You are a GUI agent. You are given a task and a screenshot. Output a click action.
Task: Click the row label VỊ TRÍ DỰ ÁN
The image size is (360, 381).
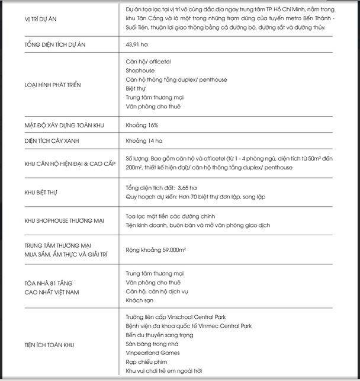[x=41, y=19]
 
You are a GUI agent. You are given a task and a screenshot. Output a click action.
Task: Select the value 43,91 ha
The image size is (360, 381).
[x=137, y=44]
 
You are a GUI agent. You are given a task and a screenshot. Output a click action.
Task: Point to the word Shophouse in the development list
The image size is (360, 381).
[x=140, y=71]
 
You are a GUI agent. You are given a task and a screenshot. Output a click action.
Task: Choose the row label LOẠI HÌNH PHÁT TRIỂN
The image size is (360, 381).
[x=53, y=84]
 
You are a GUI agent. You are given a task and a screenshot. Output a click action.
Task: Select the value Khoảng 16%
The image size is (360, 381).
[x=142, y=126]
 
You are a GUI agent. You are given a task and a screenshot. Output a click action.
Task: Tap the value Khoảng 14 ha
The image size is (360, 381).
[x=144, y=142]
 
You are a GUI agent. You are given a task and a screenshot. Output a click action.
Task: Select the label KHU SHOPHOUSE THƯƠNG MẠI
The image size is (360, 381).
[x=65, y=221]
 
